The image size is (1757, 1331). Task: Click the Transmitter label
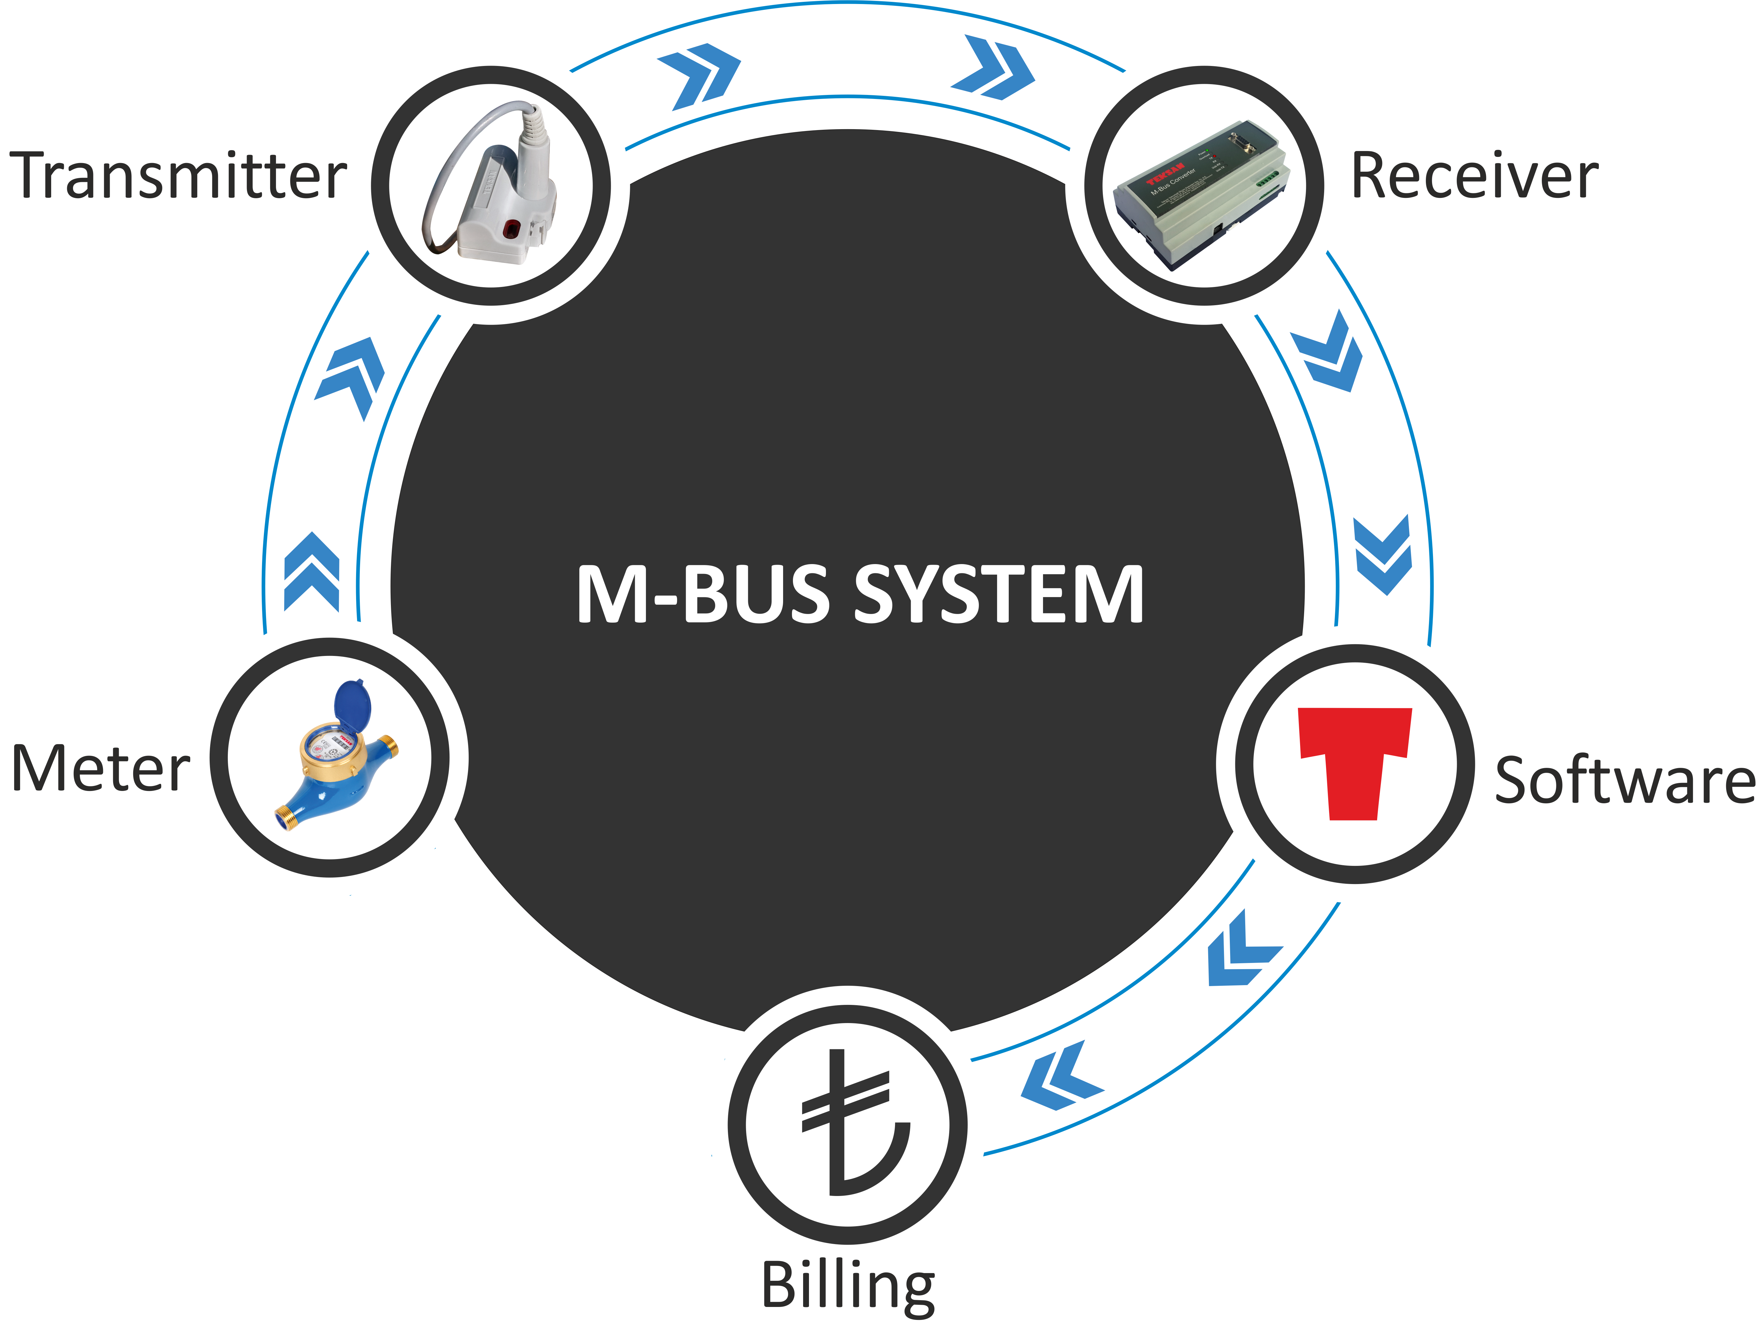178,176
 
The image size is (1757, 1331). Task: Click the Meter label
101,769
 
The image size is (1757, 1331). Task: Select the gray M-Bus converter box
1203,195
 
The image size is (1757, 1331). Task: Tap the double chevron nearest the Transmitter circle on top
699,76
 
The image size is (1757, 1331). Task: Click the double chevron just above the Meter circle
312,572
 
